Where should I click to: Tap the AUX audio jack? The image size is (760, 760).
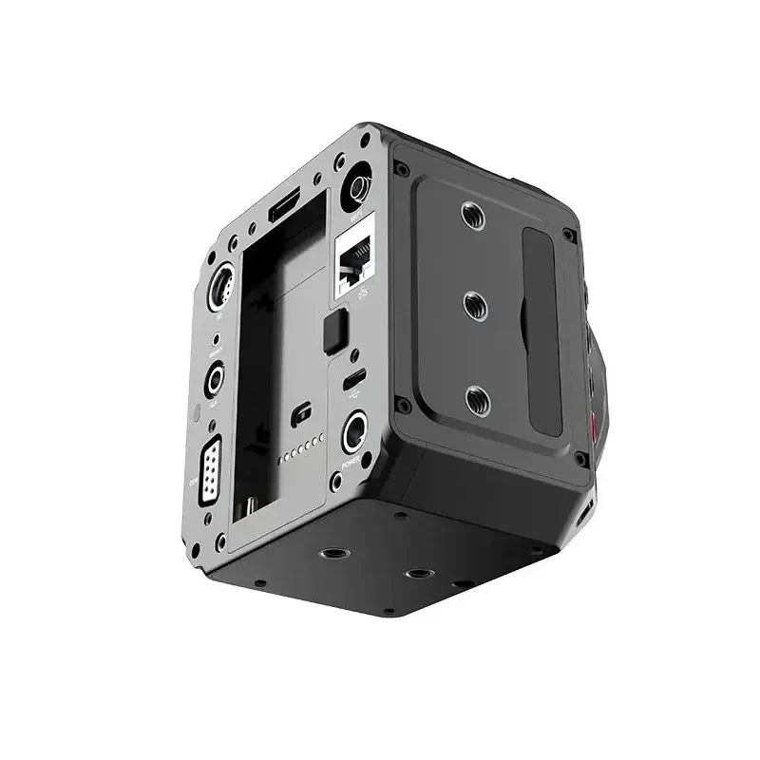coord(216,378)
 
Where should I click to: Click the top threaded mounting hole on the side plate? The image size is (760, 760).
coord(473,216)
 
